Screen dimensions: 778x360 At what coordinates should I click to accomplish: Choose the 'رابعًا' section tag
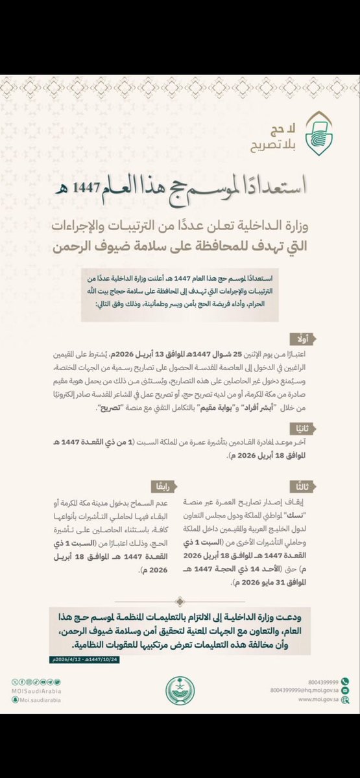tap(162, 485)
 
